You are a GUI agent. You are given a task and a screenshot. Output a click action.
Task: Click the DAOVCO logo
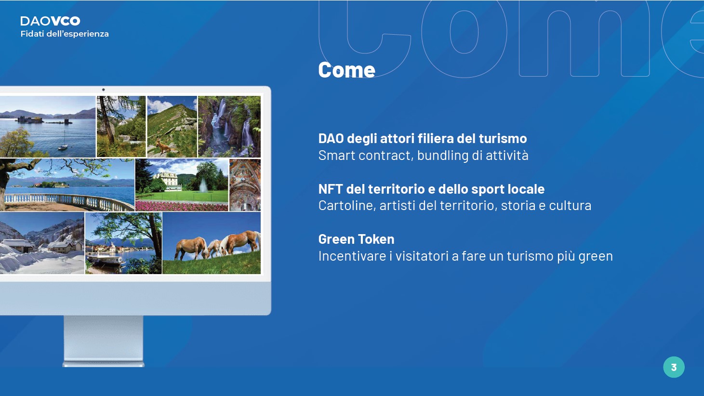click(50, 21)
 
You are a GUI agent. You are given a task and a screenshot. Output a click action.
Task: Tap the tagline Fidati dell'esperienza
click(65, 34)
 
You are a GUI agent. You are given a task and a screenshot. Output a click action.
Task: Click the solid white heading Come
click(346, 70)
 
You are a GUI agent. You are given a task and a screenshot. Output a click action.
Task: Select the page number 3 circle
click(674, 367)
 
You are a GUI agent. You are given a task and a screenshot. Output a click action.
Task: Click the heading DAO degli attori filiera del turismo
click(423, 138)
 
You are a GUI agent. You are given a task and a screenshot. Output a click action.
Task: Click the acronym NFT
click(330, 189)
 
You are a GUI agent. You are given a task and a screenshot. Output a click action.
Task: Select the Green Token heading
click(357, 239)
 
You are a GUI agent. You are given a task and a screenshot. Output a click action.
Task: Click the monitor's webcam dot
click(104, 90)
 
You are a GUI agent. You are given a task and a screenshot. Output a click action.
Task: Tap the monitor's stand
click(104, 341)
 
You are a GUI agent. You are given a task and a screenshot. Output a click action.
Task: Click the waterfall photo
click(229, 126)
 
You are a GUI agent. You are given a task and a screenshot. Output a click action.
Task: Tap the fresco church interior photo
click(245, 185)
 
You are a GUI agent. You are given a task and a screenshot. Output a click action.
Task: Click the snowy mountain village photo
click(42, 243)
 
